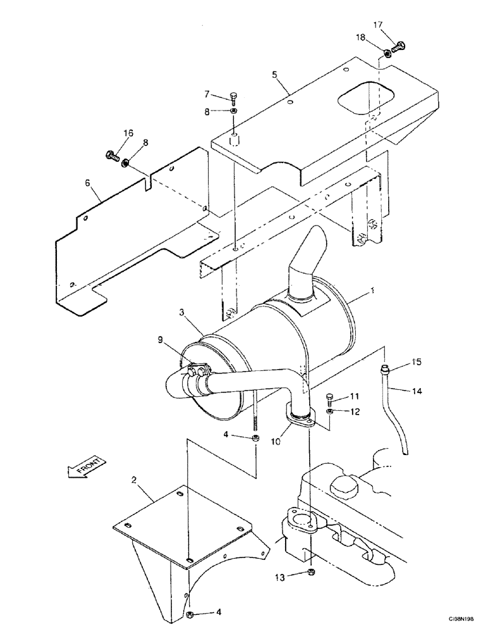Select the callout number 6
(x=89, y=183)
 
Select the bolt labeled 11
(x=331, y=399)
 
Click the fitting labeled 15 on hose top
(x=384, y=367)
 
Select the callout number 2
(x=135, y=480)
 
